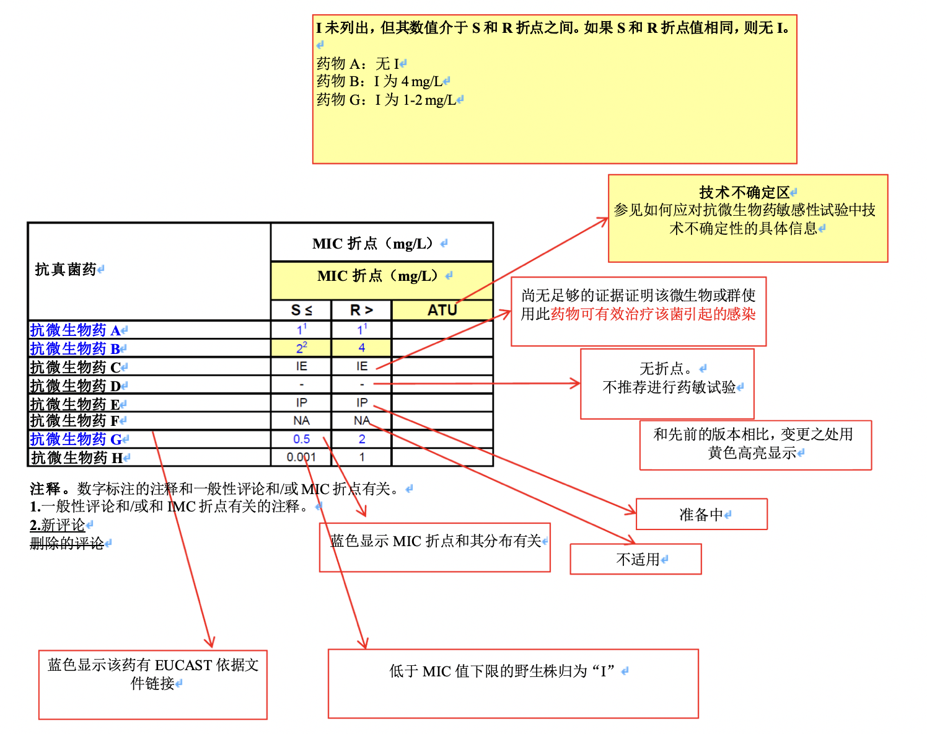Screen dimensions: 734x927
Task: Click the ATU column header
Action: pyautogui.click(x=442, y=310)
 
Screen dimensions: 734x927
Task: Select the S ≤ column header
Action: pyautogui.click(x=301, y=310)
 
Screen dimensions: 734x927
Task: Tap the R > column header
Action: pyautogui.click(x=361, y=310)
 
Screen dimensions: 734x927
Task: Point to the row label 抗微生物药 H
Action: pyautogui.click(x=77, y=458)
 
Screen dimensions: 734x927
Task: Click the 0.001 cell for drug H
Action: pyautogui.click(x=301, y=458)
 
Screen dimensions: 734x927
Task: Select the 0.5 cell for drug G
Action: pyautogui.click(x=301, y=439)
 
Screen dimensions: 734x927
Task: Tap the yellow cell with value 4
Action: pyautogui.click(x=361, y=348)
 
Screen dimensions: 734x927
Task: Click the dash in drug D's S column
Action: pyautogui.click(x=301, y=385)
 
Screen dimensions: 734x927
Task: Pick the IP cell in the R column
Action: pyautogui.click(x=361, y=403)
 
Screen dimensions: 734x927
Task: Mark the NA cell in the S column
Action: pyautogui.click(x=301, y=421)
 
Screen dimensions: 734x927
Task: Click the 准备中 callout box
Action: pyautogui.click(x=701, y=515)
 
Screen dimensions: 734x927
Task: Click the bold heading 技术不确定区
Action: pyautogui.click(x=744, y=193)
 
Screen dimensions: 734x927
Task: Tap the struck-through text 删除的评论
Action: pyautogui.click(x=67, y=544)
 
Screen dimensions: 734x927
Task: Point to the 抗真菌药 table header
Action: pyautogui.click(x=66, y=270)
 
